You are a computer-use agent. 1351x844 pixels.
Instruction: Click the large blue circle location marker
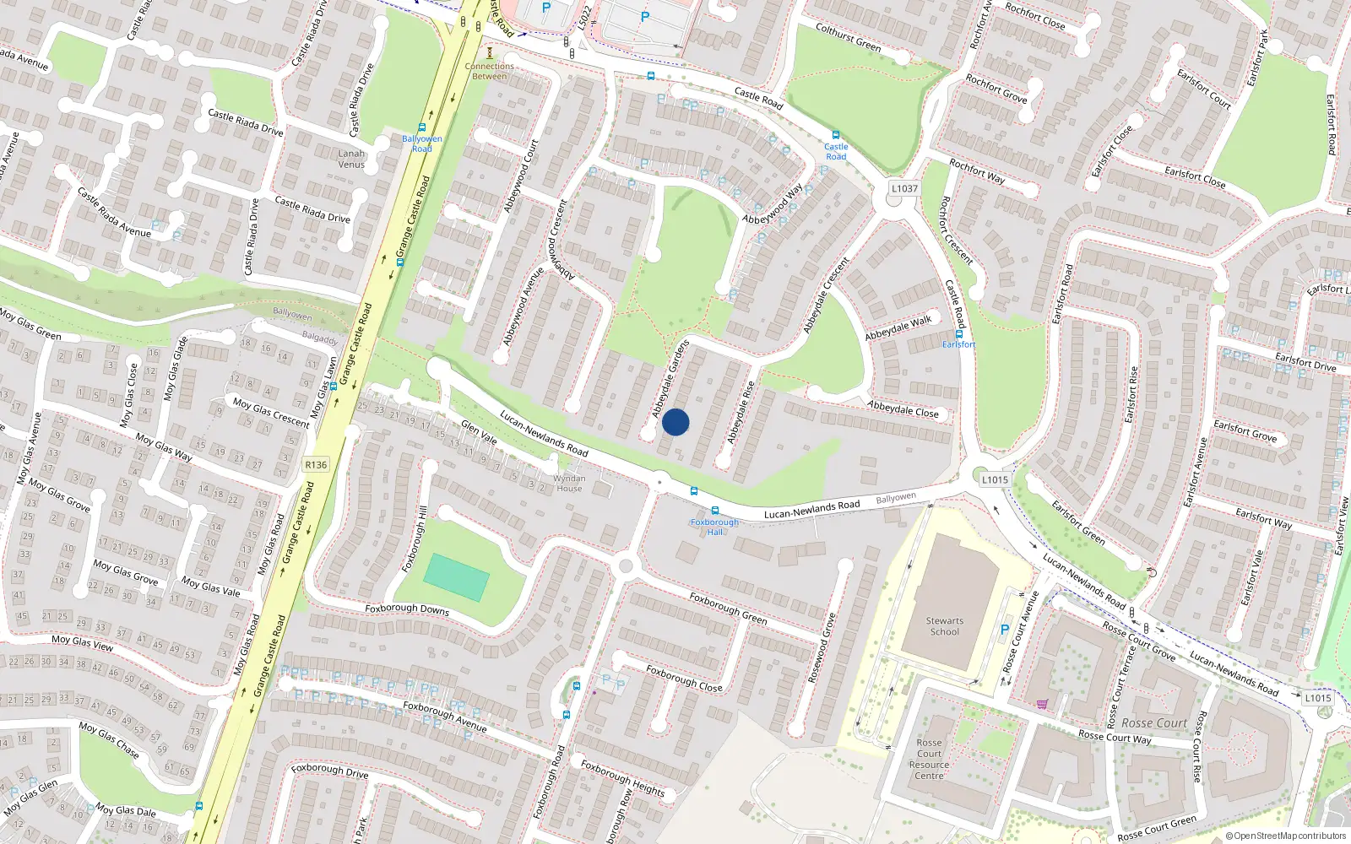point(675,422)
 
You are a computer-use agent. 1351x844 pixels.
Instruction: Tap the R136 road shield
point(316,465)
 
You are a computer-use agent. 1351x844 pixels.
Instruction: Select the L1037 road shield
point(904,188)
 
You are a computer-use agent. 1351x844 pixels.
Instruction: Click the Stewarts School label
point(945,626)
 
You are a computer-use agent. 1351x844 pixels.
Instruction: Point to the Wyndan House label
point(569,483)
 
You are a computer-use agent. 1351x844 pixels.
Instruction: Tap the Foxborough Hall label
point(714,527)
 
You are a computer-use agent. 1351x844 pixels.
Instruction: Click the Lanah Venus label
point(351,159)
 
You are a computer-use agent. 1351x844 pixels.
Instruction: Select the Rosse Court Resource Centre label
point(929,759)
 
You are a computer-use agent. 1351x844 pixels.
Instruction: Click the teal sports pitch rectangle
point(456,577)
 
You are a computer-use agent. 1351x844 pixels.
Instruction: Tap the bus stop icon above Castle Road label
point(835,135)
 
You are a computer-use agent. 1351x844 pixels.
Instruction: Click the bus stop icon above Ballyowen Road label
point(422,127)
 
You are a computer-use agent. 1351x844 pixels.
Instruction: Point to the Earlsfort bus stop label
point(958,344)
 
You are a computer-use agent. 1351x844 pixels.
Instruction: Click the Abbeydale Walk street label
point(898,327)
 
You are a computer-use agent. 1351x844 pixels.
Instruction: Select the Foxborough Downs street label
point(407,609)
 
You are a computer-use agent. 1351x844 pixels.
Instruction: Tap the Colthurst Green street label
point(848,38)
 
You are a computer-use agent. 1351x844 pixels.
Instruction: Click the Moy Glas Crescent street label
point(271,413)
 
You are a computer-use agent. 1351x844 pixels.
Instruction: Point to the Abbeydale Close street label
point(903,408)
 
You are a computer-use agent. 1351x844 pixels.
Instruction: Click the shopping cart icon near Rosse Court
point(1042,704)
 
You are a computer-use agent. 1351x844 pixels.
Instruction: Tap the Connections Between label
point(489,71)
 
